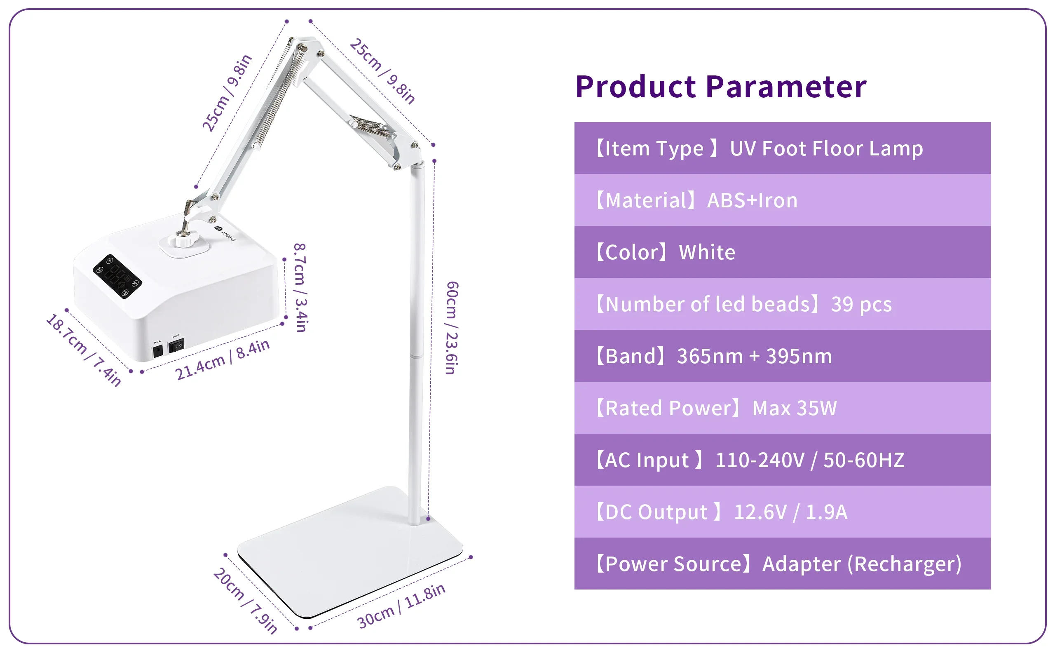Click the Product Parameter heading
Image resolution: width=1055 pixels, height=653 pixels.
click(720, 87)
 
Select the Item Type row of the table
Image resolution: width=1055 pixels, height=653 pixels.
click(782, 148)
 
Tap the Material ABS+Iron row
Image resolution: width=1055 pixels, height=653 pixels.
click(782, 200)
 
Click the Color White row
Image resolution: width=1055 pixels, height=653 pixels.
click(782, 252)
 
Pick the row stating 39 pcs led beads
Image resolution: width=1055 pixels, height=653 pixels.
click(782, 304)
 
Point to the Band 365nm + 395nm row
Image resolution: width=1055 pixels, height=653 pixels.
click(782, 356)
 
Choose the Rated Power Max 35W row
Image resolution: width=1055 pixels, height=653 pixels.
click(782, 408)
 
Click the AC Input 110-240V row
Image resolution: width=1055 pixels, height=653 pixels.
click(782, 460)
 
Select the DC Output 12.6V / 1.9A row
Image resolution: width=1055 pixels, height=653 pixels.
click(782, 512)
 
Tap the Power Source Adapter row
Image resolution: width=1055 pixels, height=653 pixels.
click(782, 564)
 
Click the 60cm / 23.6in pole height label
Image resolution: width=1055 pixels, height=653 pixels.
click(452, 328)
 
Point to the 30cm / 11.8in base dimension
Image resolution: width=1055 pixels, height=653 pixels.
click(401, 606)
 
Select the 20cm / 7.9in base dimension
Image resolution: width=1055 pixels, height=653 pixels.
click(245, 601)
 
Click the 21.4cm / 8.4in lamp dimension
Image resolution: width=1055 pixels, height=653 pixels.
click(222, 359)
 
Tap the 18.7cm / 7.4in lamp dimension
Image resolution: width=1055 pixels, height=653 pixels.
click(83, 350)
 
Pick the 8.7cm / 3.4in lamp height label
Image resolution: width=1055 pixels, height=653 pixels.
click(300, 287)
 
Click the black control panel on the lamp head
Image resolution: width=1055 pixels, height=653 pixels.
click(117, 276)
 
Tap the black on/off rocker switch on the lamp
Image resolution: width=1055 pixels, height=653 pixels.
click(176, 345)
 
